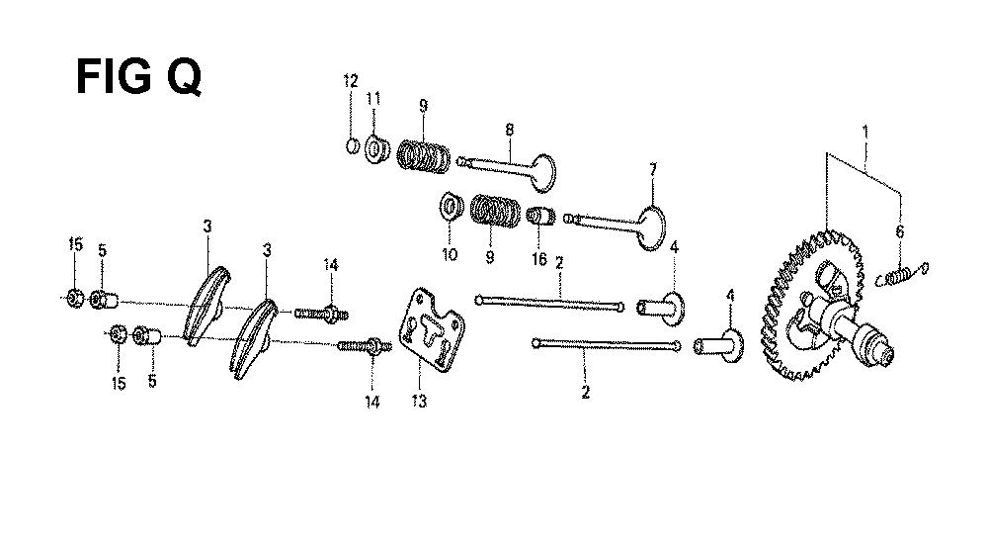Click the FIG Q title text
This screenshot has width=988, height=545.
point(138,77)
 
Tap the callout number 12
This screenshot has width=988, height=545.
point(351,81)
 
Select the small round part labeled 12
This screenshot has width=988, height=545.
point(353,146)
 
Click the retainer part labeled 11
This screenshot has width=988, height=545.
point(376,150)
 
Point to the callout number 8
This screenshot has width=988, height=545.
point(509,130)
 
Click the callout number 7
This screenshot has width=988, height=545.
point(653,170)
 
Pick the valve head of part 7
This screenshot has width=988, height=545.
point(652,227)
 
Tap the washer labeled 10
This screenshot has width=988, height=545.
point(451,208)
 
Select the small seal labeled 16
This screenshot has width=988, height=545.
point(540,216)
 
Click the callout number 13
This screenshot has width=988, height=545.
point(419,401)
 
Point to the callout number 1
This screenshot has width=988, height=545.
point(865,132)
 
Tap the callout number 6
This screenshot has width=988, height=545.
point(900,231)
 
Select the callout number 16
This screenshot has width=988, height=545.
point(538,259)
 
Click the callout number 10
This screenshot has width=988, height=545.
point(450,255)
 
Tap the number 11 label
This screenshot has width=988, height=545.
point(373,98)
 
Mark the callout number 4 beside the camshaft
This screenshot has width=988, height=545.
point(730,295)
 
